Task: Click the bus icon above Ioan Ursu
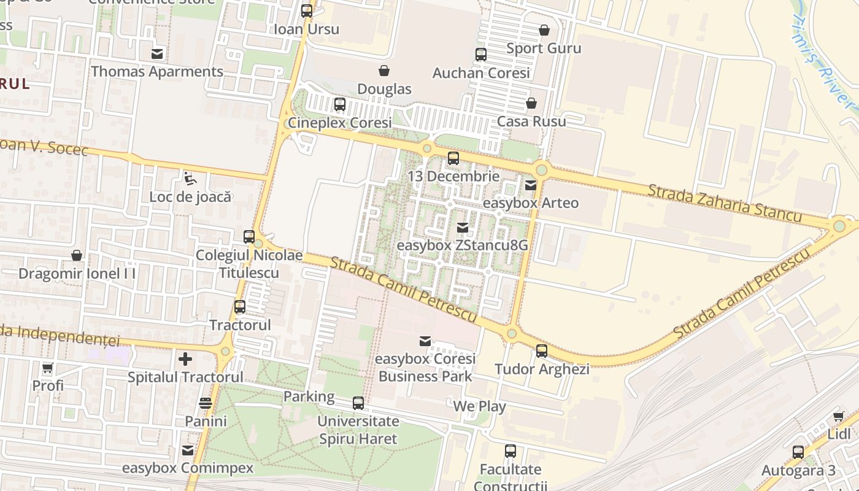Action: pos(307,11)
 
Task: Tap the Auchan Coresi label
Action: pos(481,73)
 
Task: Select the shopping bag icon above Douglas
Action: pos(384,71)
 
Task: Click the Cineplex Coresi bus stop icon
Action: pos(340,104)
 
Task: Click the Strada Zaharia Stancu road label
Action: pos(724,203)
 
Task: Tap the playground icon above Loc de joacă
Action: pos(190,179)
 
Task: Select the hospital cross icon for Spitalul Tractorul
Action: pos(185,358)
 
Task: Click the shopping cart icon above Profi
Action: pos(48,368)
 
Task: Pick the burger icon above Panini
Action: pos(206,403)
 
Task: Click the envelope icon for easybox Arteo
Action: pos(531,185)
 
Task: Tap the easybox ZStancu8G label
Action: pos(463,245)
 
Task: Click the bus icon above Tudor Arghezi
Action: pos(542,351)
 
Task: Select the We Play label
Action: pos(479,406)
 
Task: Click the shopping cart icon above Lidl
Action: pos(839,416)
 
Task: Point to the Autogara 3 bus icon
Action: pos(798,452)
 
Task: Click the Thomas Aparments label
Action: pos(157,71)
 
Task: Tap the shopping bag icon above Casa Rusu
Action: pos(531,103)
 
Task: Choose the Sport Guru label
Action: pos(544,48)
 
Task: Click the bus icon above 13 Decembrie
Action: pos(453,158)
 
